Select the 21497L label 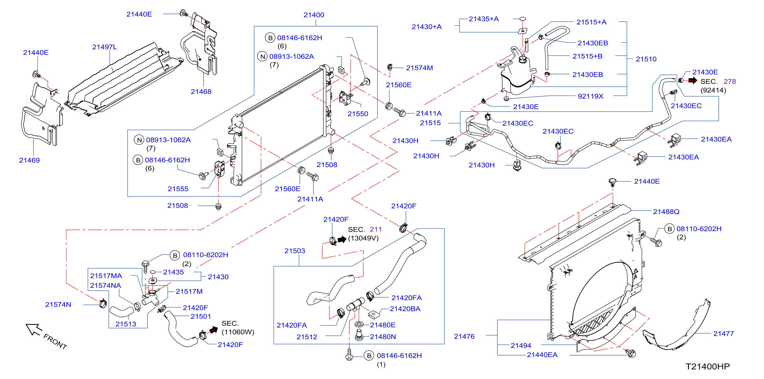coord(104,47)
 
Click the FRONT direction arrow coord(33,329)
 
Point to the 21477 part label coord(723,333)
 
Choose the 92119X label coord(590,96)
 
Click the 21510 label coord(646,59)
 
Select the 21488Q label coord(666,211)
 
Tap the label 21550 coord(358,114)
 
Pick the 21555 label coord(178,189)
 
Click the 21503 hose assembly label coord(294,251)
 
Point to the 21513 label coord(126,324)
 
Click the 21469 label coord(29,160)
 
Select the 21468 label coord(201,92)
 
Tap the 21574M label coord(419,68)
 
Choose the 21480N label coord(383,337)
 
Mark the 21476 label coord(464,336)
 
